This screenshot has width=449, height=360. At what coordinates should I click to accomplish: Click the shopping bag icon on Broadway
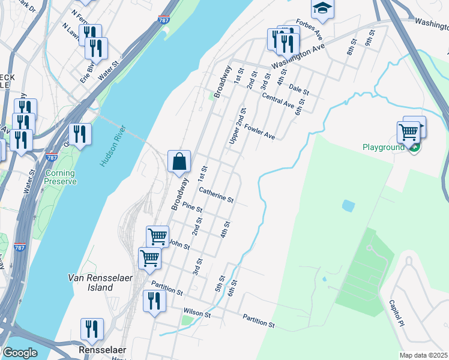coord(179,161)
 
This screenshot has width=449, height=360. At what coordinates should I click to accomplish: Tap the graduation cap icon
coord(322,8)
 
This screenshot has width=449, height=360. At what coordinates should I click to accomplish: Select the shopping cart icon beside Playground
coord(408,131)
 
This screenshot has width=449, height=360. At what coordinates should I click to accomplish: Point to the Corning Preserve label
coord(60,177)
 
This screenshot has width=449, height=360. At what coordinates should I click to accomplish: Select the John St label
coord(179,244)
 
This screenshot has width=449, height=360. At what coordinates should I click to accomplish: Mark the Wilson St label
coord(197,313)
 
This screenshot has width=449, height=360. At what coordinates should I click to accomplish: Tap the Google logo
coord(20,353)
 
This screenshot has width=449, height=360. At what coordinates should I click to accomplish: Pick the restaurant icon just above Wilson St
coord(154,301)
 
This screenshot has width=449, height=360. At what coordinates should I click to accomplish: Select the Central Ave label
coord(278,101)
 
